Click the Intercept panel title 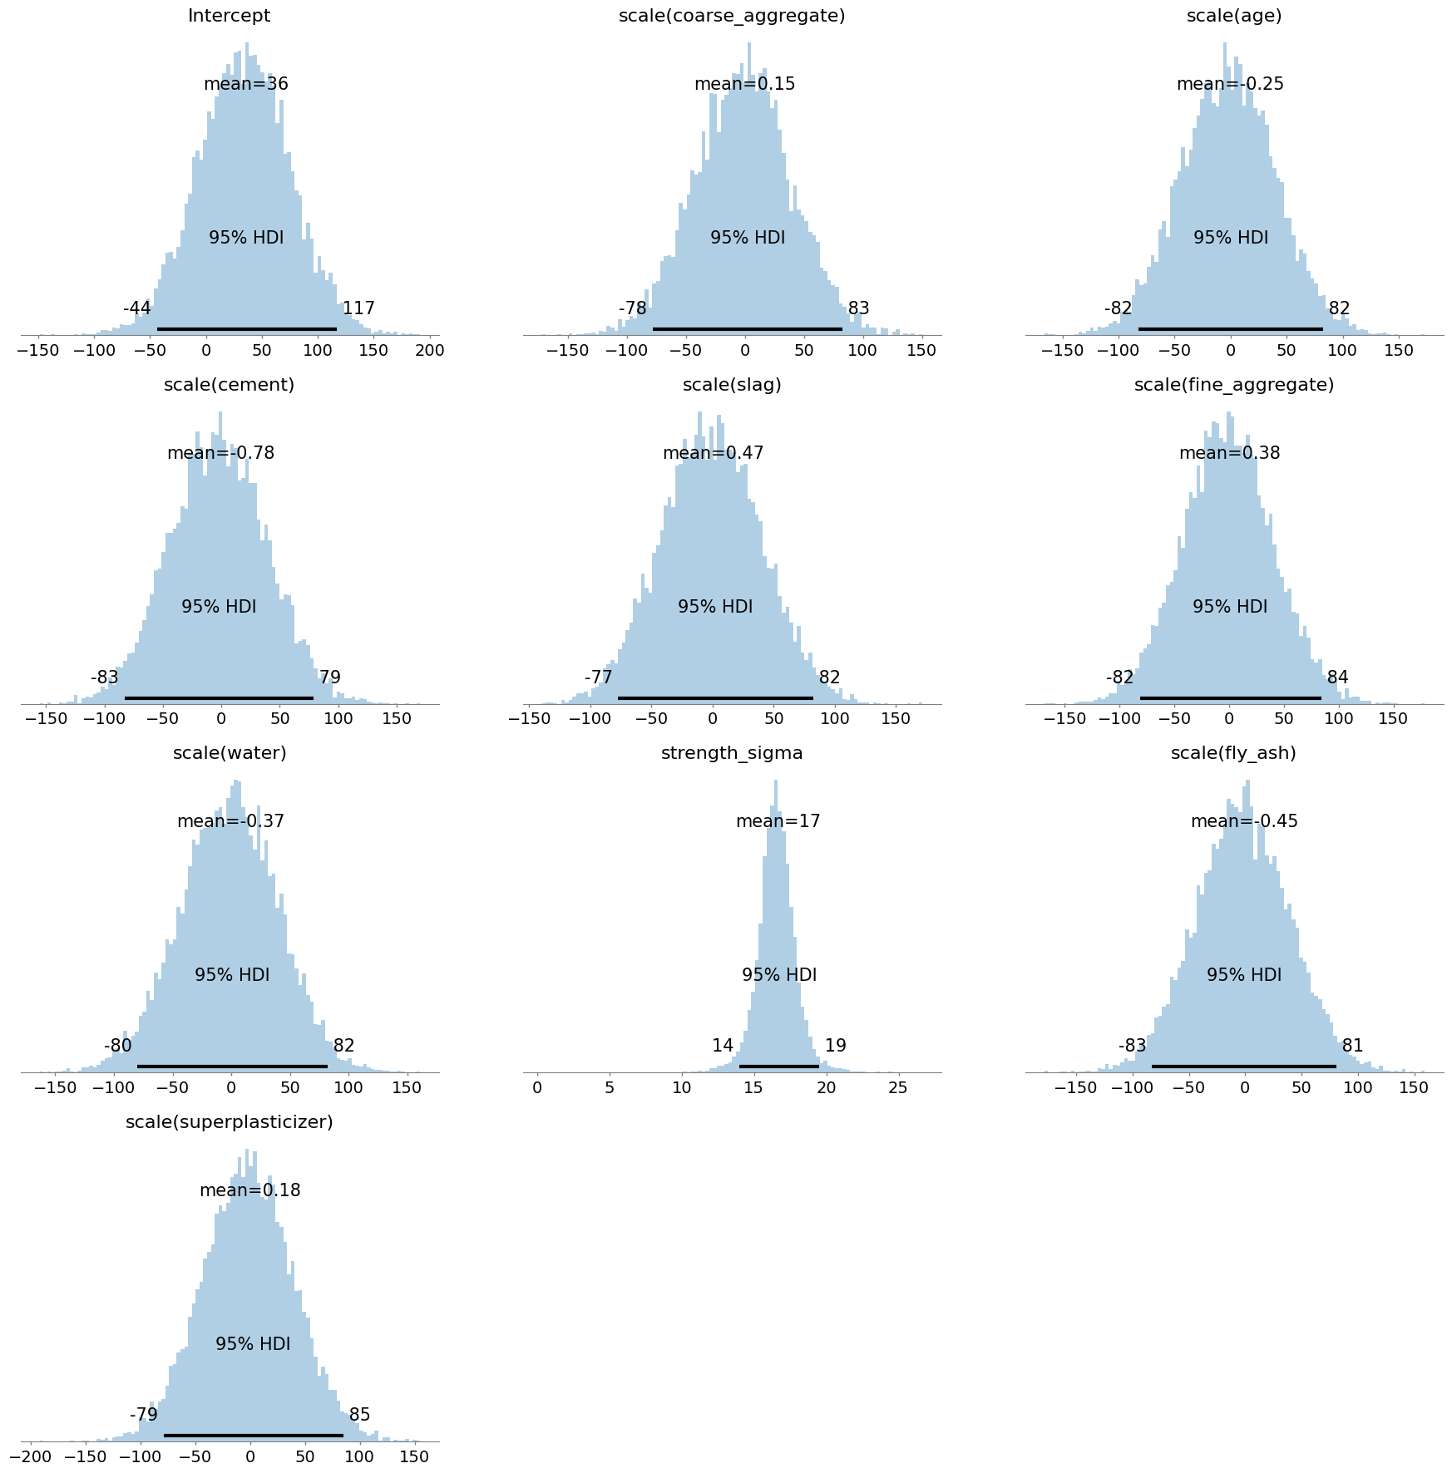(x=229, y=16)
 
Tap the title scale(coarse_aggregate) (x=732, y=16)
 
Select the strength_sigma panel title (x=732, y=753)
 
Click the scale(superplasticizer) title (x=229, y=1122)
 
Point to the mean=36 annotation (x=246, y=84)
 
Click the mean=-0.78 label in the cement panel (x=220, y=453)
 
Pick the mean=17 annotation (x=778, y=821)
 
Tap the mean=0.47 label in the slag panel (x=713, y=453)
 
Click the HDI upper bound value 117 (x=358, y=308)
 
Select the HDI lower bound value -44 (x=137, y=308)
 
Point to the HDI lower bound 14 (x=723, y=1046)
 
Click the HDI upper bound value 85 (x=359, y=1415)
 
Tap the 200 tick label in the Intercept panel (x=429, y=350)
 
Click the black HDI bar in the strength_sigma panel (x=778, y=1066)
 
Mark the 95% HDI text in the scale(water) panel (x=232, y=975)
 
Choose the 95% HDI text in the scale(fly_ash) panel (x=1244, y=975)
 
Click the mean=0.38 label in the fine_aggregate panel (x=1229, y=453)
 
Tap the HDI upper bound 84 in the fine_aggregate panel (x=1337, y=677)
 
